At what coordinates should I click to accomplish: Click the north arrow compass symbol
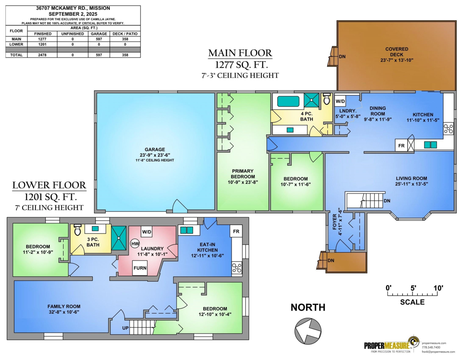pyautogui.click(x=308, y=331)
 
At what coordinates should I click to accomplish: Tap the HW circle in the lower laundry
pyautogui.click(x=135, y=243)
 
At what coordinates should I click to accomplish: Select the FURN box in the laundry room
pyautogui.click(x=140, y=268)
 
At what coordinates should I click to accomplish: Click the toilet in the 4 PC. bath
pyautogui.click(x=326, y=99)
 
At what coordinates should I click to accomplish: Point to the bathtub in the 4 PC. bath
pyautogui.click(x=288, y=101)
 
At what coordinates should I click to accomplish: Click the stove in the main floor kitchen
pyautogui.click(x=448, y=129)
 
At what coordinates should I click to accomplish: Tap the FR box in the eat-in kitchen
pyautogui.click(x=236, y=231)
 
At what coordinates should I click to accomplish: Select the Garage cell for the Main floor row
pyautogui.click(x=99, y=39)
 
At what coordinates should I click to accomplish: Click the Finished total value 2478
pyautogui.click(x=42, y=55)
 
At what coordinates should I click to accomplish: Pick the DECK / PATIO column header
pyautogui.click(x=125, y=34)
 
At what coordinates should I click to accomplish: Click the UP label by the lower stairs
pyautogui.click(x=125, y=328)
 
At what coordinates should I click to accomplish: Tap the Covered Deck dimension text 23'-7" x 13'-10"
pyautogui.click(x=396, y=60)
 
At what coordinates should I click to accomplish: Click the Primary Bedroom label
pyautogui.click(x=243, y=174)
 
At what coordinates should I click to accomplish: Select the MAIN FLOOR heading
pyautogui.click(x=240, y=53)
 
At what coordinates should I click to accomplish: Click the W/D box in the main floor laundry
pyautogui.click(x=340, y=101)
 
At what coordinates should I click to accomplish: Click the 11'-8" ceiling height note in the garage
pyautogui.click(x=155, y=160)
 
